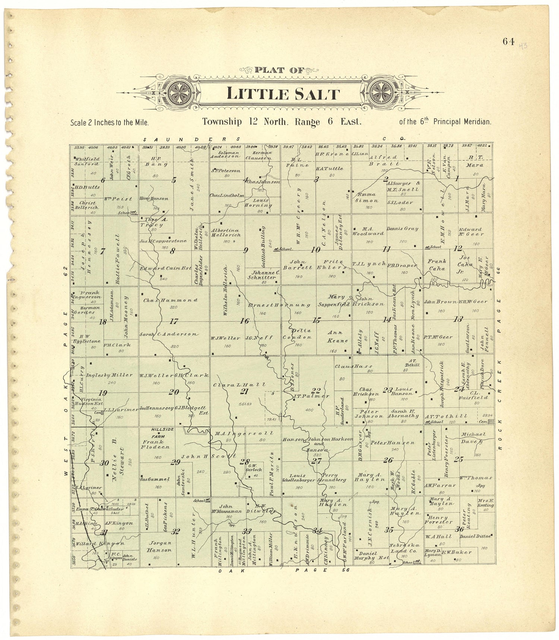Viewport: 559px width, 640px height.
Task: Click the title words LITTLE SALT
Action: click(x=283, y=94)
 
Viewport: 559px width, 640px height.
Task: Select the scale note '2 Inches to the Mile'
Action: click(x=110, y=122)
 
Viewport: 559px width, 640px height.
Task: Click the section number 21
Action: click(x=244, y=391)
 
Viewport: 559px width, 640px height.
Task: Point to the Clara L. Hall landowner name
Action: click(x=240, y=384)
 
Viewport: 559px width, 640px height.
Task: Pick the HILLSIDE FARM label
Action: click(x=163, y=432)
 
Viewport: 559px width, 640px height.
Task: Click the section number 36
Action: click(x=459, y=528)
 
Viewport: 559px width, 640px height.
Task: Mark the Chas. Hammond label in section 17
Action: click(x=170, y=300)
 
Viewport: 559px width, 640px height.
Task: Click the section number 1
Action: click(x=457, y=178)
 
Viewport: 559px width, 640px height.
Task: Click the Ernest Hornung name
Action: click(x=279, y=305)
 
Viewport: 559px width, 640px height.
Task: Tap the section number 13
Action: click(x=458, y=319)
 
